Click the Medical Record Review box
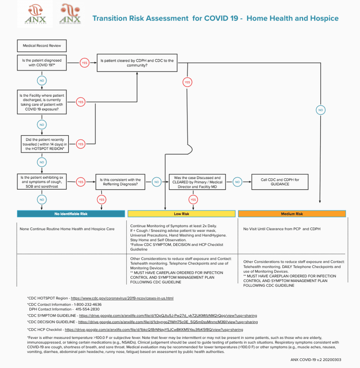(42, 46)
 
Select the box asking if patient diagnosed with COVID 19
(42, 63)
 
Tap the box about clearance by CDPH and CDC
(137, 63)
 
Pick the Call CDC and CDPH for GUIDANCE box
(280, 182)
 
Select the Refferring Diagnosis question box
(120, 182)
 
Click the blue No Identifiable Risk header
(71, 214)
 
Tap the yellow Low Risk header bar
(181, 214)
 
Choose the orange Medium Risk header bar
(292, 214)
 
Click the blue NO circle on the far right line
(320, 110)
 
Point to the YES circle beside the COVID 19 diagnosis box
(84, 63)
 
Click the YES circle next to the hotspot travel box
(80, 144)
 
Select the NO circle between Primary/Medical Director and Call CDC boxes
(237, 182)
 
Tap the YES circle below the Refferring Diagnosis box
(101, 199)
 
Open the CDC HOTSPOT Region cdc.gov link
(122, 298)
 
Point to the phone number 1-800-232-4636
(86, 304)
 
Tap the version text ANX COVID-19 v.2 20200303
(315, 359)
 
